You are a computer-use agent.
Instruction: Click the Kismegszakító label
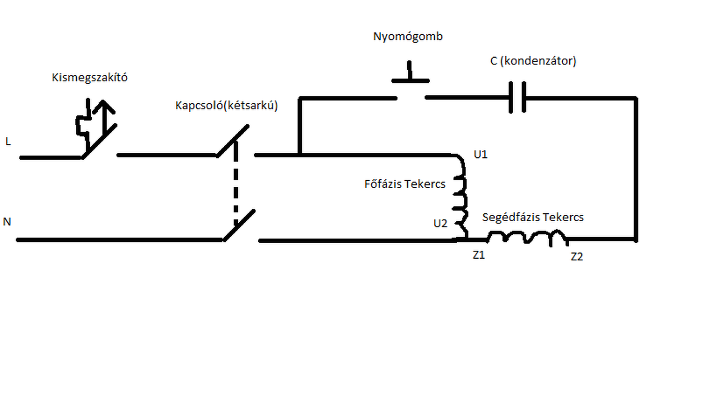[90, 78]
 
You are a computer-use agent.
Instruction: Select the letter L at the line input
[8, 142]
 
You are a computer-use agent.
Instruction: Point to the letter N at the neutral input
[7, 222]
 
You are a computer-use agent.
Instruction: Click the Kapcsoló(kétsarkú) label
[226, 105]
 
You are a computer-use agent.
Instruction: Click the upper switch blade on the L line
[233, 141]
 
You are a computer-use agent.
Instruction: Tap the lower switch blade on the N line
[239, 226]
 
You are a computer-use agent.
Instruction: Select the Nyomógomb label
[408, 37]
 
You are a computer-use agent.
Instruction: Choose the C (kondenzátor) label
[533, 61]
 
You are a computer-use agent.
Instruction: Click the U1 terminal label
[481, 155]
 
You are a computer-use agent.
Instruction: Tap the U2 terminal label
[440, 223]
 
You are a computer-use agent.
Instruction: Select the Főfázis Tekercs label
[405, 184]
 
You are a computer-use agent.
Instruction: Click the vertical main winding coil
[462, 195]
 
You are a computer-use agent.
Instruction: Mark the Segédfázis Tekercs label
[533, 217]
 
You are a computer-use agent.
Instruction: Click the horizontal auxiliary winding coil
[527, 239]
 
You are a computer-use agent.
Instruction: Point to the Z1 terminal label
[478, 255]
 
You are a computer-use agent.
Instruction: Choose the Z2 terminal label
[577, 257]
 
